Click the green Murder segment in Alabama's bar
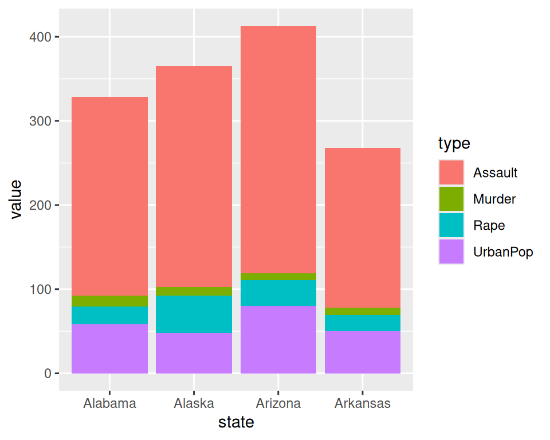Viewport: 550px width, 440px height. (109, 301)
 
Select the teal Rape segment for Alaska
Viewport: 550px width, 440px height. (194, 314)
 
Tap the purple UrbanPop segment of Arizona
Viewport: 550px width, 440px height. (278, 340)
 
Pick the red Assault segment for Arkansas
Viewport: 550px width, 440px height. (363, 227)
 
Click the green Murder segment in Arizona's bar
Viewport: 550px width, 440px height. (278, 277)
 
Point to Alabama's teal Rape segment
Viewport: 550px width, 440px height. (109, 316)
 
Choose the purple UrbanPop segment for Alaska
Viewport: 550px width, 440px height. (194, 353)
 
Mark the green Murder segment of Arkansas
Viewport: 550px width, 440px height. (363, 312)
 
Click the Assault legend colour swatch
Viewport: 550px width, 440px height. (451, 172)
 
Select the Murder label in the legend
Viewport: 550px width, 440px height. (494, 199)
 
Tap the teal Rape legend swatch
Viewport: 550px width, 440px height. (451, 225)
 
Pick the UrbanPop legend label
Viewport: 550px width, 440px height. (503, 252)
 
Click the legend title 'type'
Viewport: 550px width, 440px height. (454, 143)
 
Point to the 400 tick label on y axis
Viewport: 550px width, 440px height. (40, 37)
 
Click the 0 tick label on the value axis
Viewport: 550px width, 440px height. (48, 374)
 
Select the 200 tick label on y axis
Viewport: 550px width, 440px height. (40, 205)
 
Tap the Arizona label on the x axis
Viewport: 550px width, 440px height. (278, 403)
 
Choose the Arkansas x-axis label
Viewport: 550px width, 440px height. (362, 403)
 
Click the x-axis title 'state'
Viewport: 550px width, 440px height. (236, 422)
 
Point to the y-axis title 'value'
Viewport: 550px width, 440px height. (16, 199)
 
